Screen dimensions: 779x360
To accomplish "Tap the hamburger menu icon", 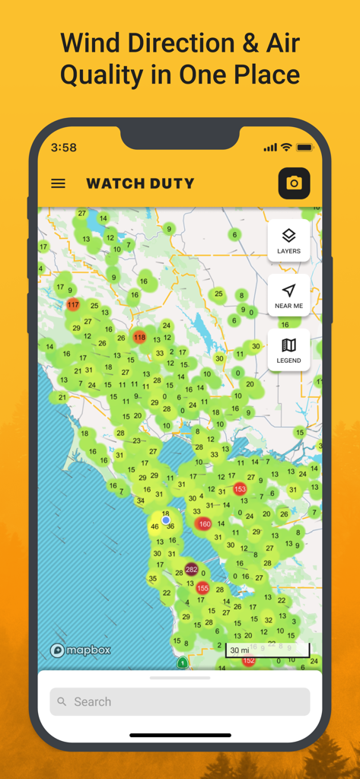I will (58, 183).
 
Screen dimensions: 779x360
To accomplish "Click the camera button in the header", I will (294, 183).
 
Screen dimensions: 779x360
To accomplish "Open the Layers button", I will (288, 240).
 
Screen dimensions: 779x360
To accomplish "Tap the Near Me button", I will (288, 295).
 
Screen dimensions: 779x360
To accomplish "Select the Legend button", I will (288, 350).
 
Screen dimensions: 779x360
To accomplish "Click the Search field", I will (180, 701).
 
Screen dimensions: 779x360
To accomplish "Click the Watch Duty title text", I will (140, 183).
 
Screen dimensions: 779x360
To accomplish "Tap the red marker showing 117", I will (72, 304).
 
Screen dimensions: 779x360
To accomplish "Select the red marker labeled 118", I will (139, 337).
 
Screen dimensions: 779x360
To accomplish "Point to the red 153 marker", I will (241, 489).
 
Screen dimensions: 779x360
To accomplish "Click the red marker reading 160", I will (204, 524).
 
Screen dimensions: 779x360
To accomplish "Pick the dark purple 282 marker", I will (191, 570).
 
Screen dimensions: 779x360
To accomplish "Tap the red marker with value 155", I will (202, 588).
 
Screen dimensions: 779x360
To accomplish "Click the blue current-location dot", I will (166, 520).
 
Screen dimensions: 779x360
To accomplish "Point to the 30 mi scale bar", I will (267, 650).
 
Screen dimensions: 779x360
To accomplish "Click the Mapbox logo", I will (80, 650).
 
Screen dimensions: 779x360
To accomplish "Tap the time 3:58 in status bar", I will (63, 148).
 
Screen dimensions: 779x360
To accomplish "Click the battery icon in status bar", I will (304, 147).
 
